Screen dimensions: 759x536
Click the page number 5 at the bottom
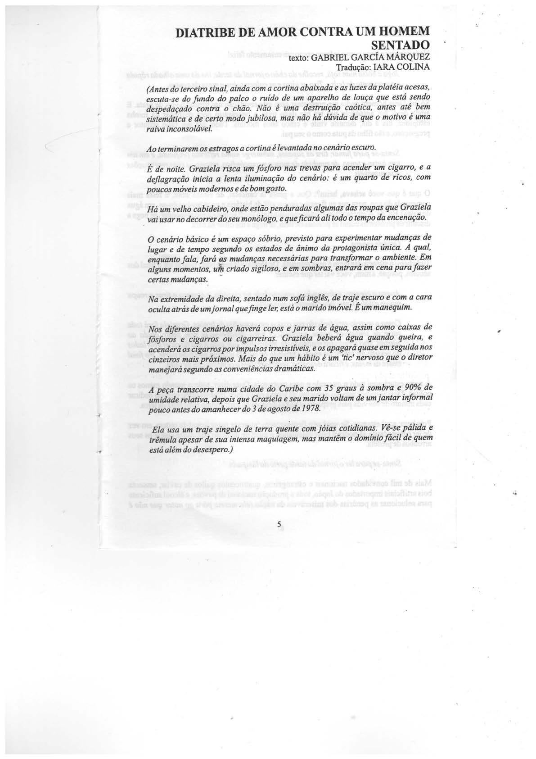[x=279, y=524]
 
